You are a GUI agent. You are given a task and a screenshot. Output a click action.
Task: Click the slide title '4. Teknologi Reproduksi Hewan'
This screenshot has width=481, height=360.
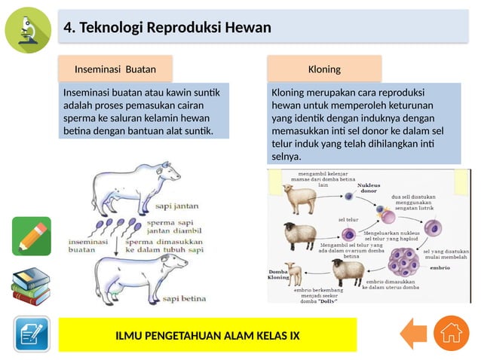[167, 29]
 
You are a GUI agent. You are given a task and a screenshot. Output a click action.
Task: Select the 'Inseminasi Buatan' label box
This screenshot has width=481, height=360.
[115, 69]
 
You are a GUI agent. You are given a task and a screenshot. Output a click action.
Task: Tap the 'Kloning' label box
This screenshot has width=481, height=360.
[324, 69]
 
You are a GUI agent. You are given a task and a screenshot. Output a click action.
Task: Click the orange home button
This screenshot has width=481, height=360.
[451, 333]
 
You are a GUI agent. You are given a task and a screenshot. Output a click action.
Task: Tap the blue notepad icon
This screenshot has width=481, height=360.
[31, 334]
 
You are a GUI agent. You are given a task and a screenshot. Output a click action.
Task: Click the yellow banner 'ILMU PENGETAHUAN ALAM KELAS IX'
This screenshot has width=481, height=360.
[207, 334]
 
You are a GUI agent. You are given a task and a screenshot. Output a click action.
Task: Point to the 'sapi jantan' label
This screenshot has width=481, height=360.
[176, 205]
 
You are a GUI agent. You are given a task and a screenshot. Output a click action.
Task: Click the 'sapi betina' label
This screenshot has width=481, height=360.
[184, 298]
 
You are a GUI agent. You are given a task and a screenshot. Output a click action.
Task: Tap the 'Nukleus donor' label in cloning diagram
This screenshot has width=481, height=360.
[368, 188]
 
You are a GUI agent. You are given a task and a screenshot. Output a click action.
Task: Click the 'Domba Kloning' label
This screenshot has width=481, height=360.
[279, 274]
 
